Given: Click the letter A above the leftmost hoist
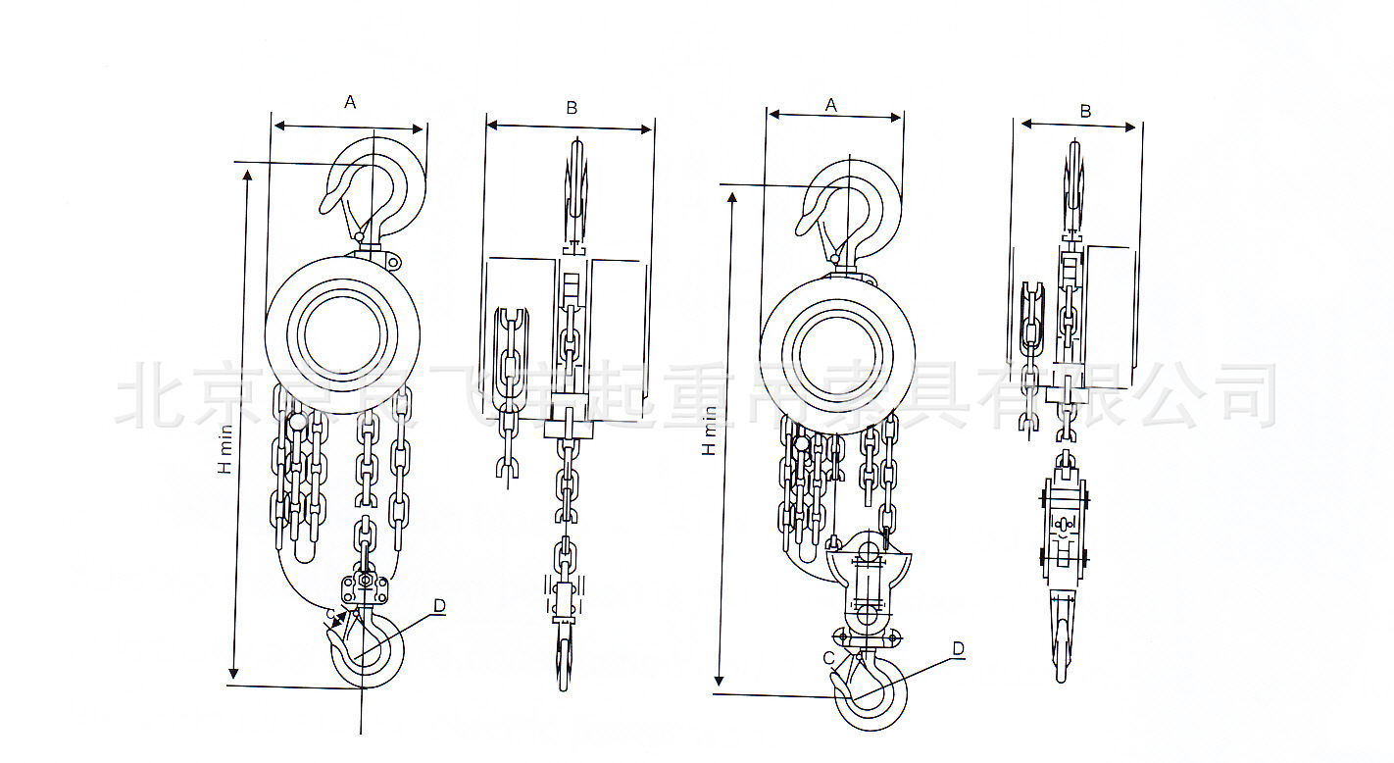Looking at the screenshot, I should [350, 102].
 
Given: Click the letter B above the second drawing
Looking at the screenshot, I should [572, 108].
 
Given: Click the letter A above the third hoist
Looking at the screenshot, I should [831, 104].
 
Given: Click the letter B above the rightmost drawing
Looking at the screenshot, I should [1085, 111].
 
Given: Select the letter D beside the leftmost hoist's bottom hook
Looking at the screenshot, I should [439, 606].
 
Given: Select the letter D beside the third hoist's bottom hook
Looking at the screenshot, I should [959, 649].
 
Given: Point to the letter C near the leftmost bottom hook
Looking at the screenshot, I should [331, 617].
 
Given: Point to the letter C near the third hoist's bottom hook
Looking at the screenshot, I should [828, 658].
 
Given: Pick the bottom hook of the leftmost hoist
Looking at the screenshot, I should [369, 652].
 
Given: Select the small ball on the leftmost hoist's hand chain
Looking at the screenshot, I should [296, 424].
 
